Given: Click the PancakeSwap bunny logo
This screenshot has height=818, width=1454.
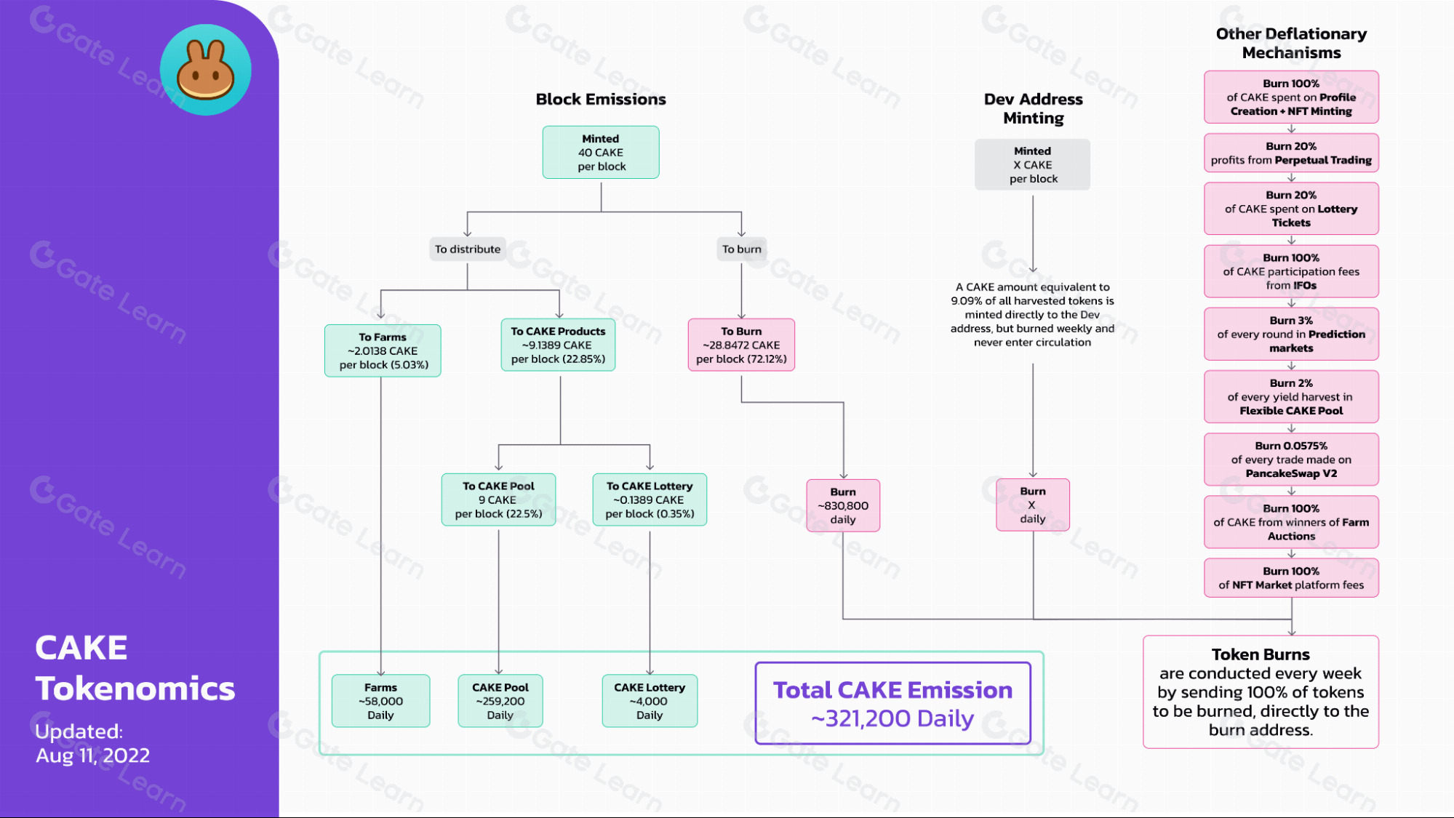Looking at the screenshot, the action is pos(206,70).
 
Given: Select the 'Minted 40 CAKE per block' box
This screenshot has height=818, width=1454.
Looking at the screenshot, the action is pos(601,153).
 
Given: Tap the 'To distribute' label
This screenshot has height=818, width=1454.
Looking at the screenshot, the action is pos(468,249).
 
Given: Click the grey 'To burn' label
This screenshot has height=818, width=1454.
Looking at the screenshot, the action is pos(742,249).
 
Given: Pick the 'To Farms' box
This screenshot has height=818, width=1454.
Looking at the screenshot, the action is pos(383,350).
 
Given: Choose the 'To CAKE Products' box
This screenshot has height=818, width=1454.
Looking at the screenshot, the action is pos(558,345).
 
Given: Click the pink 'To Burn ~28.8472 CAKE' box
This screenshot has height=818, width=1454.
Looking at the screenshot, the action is pos(741,345).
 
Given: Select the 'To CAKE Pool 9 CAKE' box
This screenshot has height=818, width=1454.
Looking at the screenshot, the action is pos(498,500).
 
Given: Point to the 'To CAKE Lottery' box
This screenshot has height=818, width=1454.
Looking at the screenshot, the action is pos(650,500).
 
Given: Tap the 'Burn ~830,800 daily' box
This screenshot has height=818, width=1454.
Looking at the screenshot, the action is pos(843,505).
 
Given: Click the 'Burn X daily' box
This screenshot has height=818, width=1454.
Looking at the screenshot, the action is pos(1033,505).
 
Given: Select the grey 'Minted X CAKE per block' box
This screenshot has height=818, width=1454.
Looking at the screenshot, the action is pos(1033,165).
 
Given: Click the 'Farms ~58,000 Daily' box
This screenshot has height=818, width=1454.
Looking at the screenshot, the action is pos(380,701).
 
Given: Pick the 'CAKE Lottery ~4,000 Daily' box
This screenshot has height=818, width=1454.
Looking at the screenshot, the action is pos(650,701).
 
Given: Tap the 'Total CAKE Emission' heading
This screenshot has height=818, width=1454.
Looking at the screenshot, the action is pos(892,690).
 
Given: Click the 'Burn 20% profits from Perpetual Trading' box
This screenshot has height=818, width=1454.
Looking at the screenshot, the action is pos(1291,153).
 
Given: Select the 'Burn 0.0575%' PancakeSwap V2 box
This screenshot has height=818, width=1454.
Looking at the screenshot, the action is pos(1291,460).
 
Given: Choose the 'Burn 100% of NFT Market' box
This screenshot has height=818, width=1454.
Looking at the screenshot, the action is pos(1291,578).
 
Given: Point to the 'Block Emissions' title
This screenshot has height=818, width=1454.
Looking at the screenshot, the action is pos(601,100).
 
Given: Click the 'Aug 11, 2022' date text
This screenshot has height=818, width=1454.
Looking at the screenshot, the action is pos(93,755).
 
